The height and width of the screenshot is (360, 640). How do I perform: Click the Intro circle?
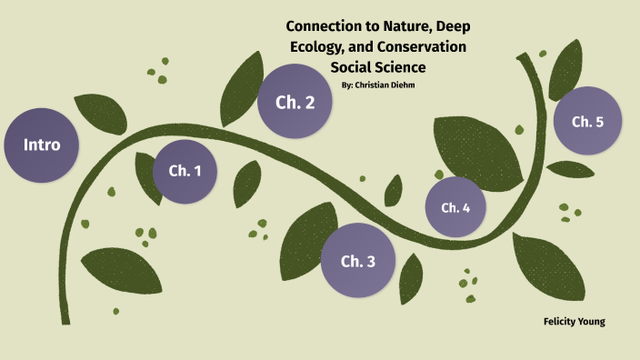click(x=41, y=145)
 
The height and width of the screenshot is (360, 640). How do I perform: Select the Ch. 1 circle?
click(x=185, y=171)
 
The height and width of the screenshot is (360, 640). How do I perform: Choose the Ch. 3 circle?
click(x=357, y=262)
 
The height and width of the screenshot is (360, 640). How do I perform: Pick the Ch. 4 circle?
click(x=455, y=207)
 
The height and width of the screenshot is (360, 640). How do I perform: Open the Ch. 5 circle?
click(x=587, y=121)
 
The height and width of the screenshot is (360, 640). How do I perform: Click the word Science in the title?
click(x=399, y=66)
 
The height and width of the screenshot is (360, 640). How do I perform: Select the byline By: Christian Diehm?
click(x=376, y=85)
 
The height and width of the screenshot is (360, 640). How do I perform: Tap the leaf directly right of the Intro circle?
click(x=94, y=111)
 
